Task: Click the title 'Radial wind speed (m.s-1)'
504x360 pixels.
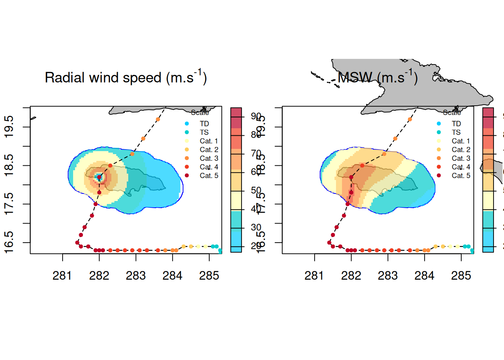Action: (x=126, y=78)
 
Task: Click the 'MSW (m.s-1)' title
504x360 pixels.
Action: (x=377, y=78)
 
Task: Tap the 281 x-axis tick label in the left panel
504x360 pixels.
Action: (x=62, y=276)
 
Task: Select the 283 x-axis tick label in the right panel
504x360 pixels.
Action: (x=388, y=276)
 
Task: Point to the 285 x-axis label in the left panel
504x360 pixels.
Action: (x=209, y=276)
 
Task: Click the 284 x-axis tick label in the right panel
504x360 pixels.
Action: (x=424, y=276)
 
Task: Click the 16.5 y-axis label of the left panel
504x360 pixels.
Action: (x=9, y=242)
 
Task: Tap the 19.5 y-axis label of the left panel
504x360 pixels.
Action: (x=9, y=127)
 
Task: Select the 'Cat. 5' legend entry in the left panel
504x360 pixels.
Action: (x=208, y=175)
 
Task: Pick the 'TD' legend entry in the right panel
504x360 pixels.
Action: (x=456, y=124)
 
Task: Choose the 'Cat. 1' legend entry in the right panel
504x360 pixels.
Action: (x=460, y=141)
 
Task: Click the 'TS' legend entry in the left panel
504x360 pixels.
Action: (x=204, y=132)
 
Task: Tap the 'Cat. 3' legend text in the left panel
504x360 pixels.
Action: (x=208, y=158)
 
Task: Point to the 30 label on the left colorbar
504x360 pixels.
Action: (x=256, y=227)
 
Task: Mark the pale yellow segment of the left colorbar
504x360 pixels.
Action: (x=236, y=201)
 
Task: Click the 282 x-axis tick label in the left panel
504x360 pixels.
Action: (x=99, y=276)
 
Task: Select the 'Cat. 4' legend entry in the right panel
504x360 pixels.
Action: (x=460, y=167)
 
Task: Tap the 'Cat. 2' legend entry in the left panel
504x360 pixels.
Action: (x=208, y=150)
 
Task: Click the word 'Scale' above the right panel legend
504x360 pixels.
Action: (x=451, y=112)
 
